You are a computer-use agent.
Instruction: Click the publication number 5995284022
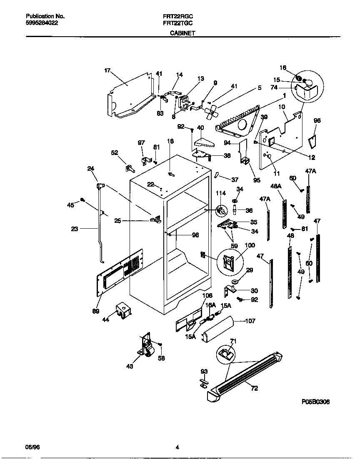[40, 23]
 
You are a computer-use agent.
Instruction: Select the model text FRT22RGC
[178, 16]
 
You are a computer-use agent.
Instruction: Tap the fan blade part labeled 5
[211, 111]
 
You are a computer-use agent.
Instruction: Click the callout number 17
[107, 71]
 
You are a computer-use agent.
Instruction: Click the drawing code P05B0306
[318, 402]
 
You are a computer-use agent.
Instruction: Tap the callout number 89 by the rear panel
[96, 311]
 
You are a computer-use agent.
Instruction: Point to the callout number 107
[250, 321]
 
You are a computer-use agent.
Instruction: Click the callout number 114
[221, 193]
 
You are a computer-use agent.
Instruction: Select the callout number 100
[250, 246]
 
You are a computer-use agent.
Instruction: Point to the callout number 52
[115, 152]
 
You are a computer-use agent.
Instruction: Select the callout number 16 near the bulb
[283, 68]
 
